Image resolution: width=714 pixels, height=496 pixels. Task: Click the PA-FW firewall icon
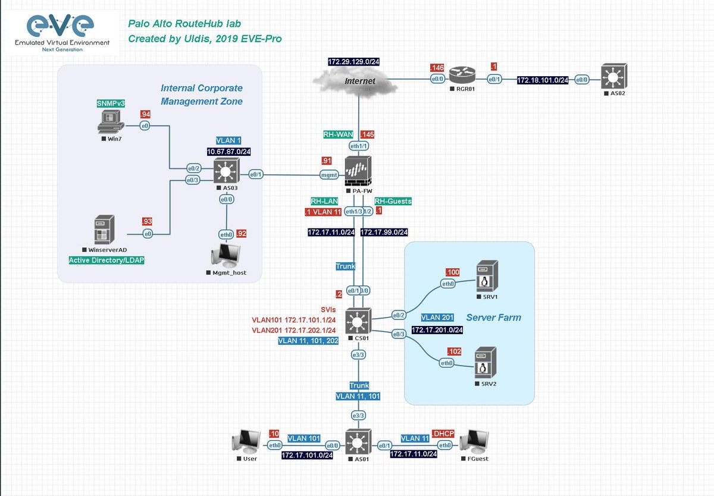358,172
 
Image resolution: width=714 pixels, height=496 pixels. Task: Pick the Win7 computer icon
109,123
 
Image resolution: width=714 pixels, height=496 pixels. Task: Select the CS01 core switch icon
358,323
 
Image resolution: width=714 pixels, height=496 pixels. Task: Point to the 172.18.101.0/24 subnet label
542,80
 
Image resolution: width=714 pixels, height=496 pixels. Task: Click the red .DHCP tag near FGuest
443,433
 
